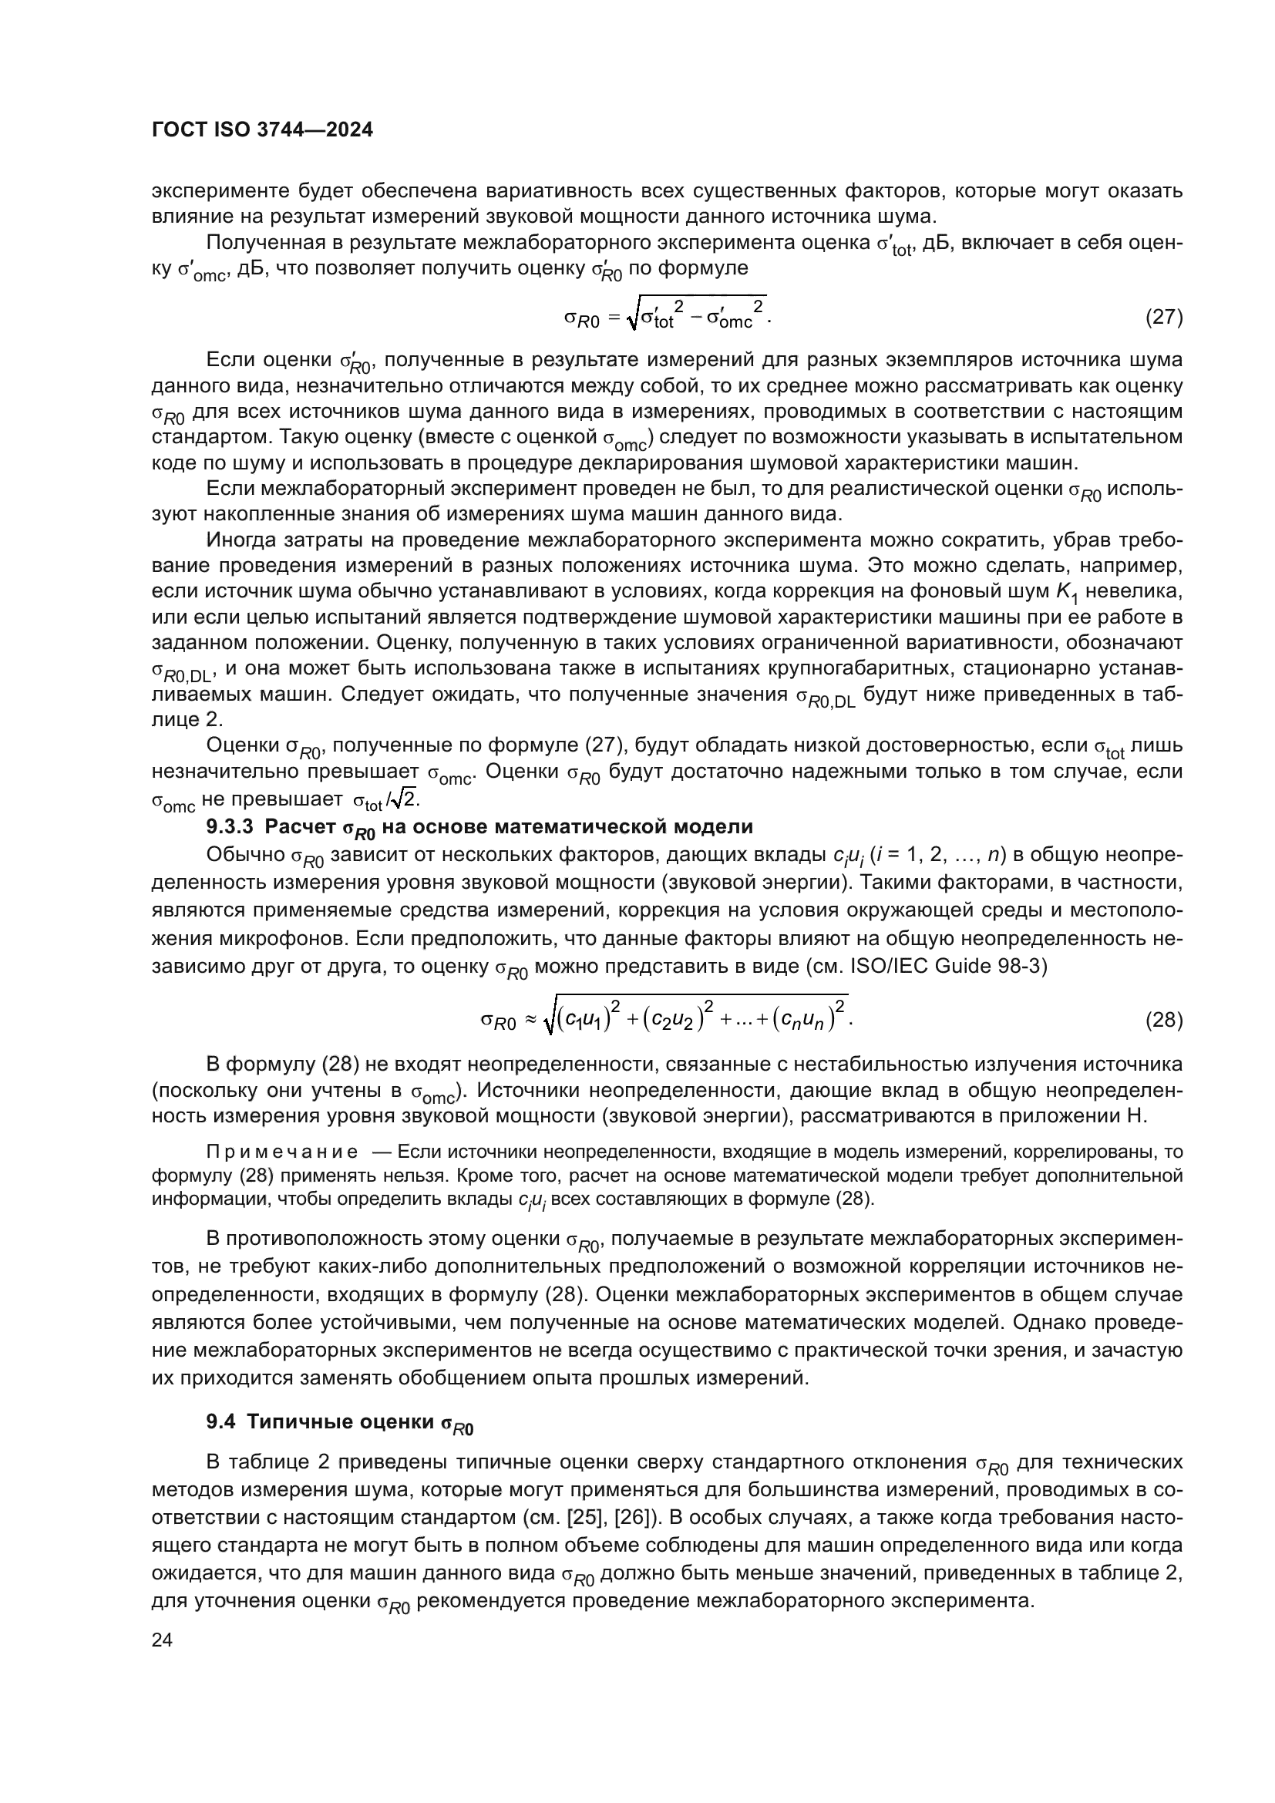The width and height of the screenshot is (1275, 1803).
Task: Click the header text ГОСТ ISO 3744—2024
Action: coord(262,130)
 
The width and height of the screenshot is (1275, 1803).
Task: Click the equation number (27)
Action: coord(1163,318)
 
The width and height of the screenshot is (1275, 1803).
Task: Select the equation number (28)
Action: coord(1163,1019)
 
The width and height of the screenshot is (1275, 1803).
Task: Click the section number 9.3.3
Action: coord(230,827)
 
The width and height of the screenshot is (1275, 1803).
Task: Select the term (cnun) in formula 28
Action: coord(805,1019)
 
